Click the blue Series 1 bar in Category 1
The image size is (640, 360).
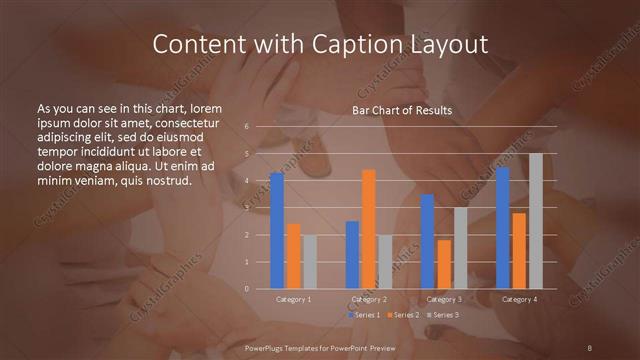(x=277, y=231)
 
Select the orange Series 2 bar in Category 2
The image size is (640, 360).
(x=369, y=229)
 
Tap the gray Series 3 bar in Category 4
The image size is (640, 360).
(x=536, y=221)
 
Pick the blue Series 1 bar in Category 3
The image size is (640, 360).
(x=428, y=241)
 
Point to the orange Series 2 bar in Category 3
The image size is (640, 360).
(x=444, y=264)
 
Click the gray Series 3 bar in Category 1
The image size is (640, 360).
(x=310, y=262)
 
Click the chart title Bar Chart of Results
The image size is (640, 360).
(x=402, y=110)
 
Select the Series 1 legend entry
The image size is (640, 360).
(x=363, y=315)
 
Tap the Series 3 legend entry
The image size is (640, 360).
(x=443, y=315)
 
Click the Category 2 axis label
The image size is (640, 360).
(x=369, y=299)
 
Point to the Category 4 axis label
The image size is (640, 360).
(x=519, y=299)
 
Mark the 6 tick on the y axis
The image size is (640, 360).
(x=247, y=127)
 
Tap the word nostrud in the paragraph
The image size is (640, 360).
(x=162, y=180)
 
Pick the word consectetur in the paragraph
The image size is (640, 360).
(x=181, y=122)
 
